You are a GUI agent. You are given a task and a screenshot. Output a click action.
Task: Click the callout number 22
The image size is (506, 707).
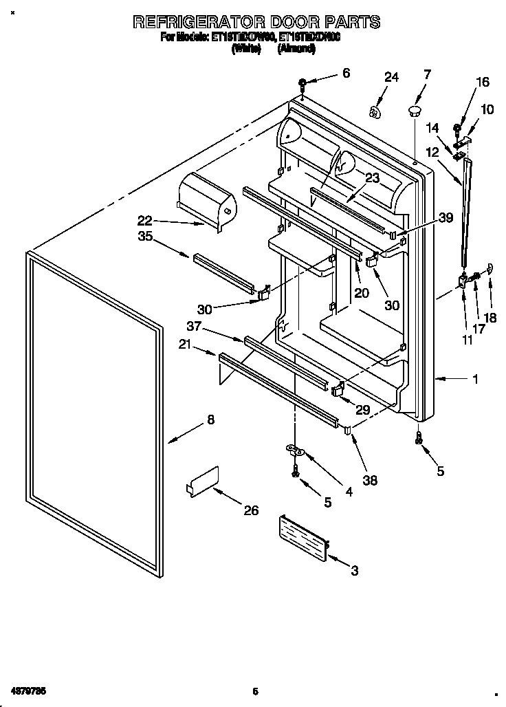pyautogui.click(x=144, y=221)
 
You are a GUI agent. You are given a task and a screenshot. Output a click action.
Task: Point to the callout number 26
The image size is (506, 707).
pyautogui.click(x=252, y=510)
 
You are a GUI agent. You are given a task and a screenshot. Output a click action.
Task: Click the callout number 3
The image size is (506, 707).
pyautogui.click(x=354, y=569)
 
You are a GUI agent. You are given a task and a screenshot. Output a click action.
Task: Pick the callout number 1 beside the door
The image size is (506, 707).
pyautogui.click(x=475, y=378)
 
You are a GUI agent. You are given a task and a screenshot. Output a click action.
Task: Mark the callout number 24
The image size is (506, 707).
pyautogui.click(x=391, y=78)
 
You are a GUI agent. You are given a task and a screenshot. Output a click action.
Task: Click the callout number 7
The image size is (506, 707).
pyautogui.click(x=427, y=74)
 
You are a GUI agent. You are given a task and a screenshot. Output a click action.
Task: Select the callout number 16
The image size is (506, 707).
pyautogui.click(x=482, y=83)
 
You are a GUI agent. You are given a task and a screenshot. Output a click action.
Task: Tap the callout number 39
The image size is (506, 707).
pyautogui.click(x=445, y=218)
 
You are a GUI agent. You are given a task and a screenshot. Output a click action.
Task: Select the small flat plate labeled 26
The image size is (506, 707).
pyautogui.click(x=203, y=481)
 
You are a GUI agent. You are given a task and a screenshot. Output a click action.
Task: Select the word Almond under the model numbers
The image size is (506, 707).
pyautogui.click(x=296, y=49)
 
